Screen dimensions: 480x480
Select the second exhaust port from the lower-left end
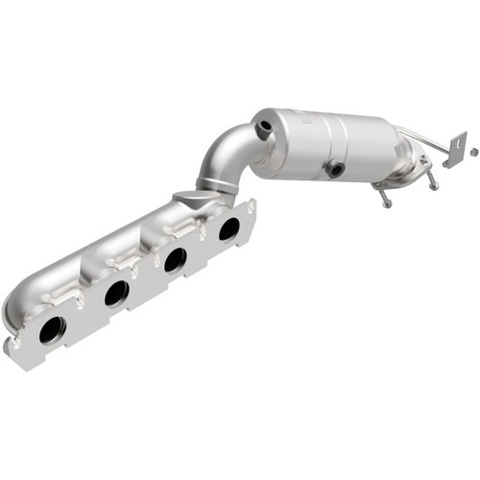(117, 293)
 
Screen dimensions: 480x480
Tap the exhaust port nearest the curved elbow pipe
(228, 228)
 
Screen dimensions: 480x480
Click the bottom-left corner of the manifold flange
(12, 356)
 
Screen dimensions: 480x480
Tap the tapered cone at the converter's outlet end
(403, 152)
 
